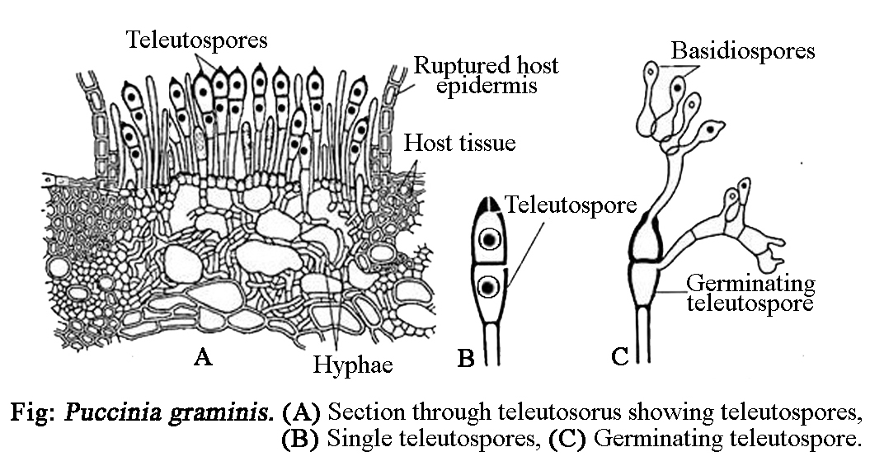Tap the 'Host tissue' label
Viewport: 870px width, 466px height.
click(459, 144)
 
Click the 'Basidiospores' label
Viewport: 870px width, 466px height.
click(742, 50)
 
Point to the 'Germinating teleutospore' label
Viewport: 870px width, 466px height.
click(750, 294)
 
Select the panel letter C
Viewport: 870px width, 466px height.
click(621, 356)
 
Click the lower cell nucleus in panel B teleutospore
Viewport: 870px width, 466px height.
click(489, 287)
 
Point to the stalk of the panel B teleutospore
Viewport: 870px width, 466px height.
click(490, 342)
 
